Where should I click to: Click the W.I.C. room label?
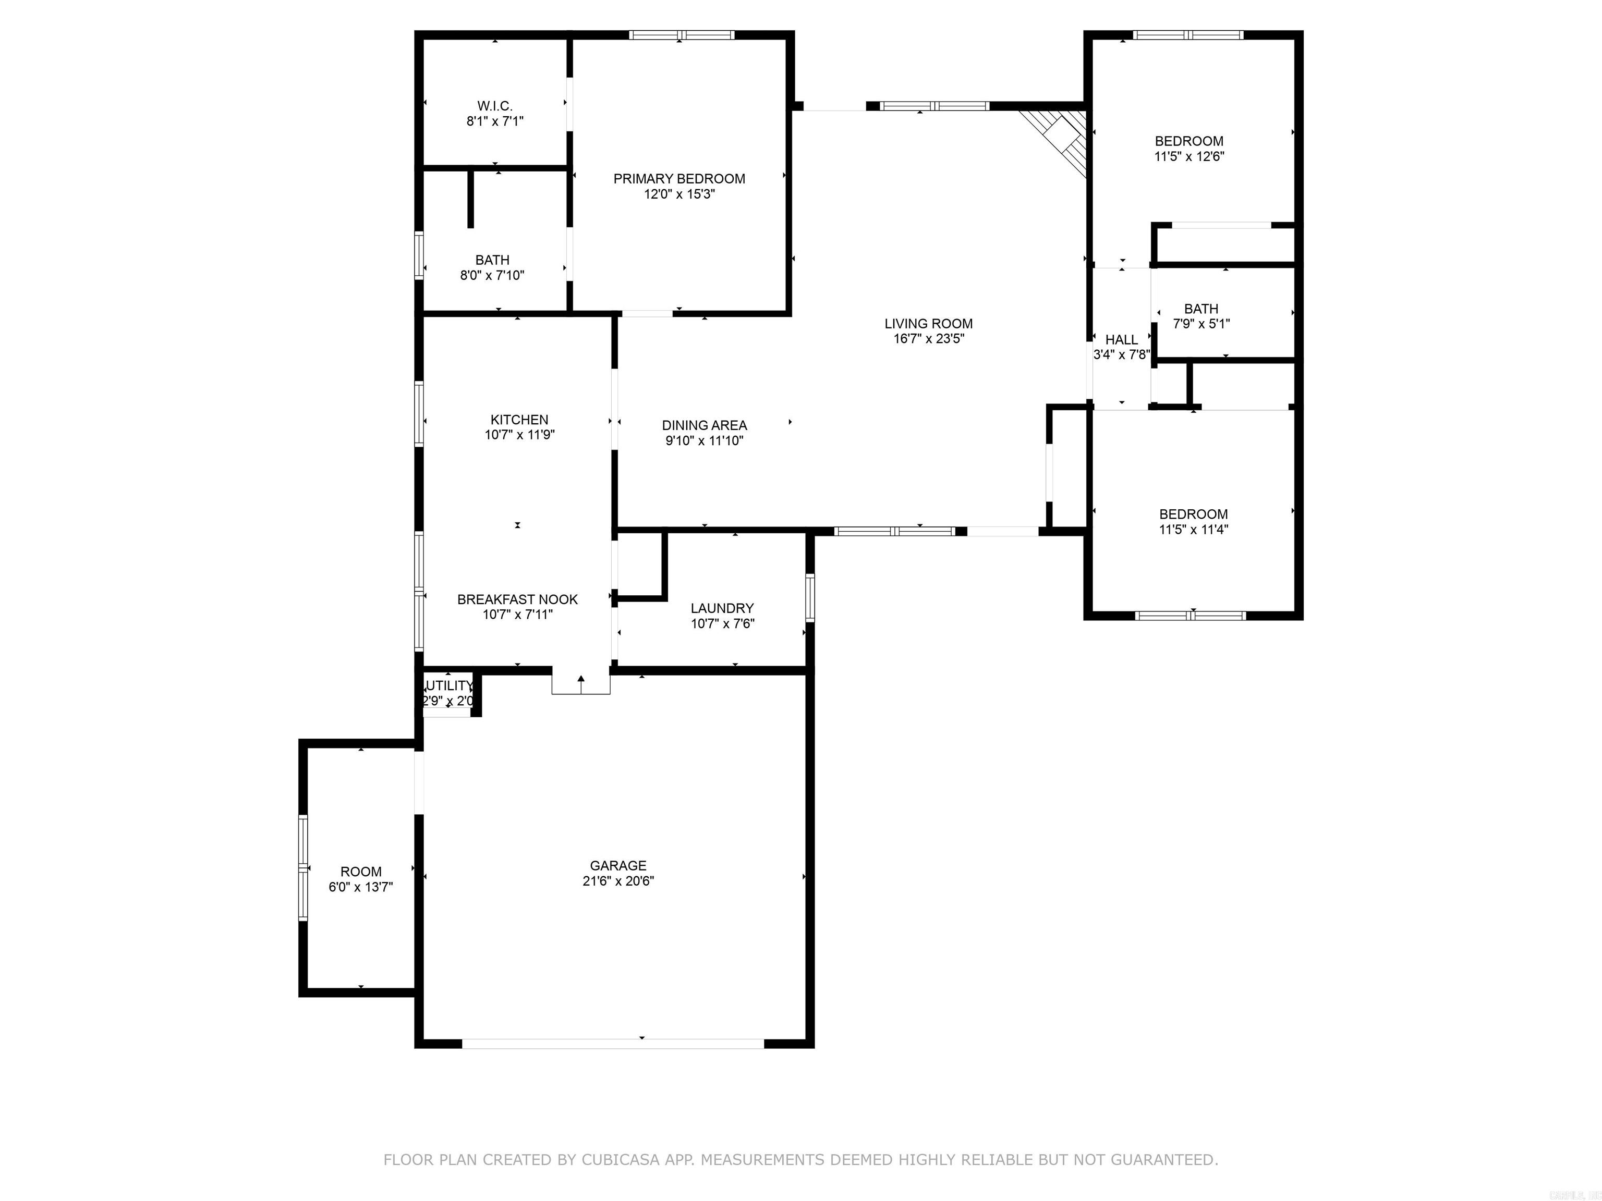(x=495, y=106)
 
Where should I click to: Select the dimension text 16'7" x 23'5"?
(x=928, y=339)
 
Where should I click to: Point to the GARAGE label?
(x=618, y=865)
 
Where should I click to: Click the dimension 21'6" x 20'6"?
(x=618, y=881)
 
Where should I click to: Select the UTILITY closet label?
(x=449, y=685)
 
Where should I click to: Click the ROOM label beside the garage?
(x=361, y=872)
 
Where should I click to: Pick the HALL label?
(x=1121, y=339)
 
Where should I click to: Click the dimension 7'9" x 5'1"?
(x=1201, y=324)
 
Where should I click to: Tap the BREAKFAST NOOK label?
(x=517, y=599)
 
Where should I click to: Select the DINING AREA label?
(x=704, y=426)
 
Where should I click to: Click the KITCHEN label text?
(x=519, y=420)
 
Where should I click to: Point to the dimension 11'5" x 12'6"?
(x=1189, y=156)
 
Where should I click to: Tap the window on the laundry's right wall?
(x=810, y=597)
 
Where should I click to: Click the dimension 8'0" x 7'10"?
(x=492, y=275)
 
